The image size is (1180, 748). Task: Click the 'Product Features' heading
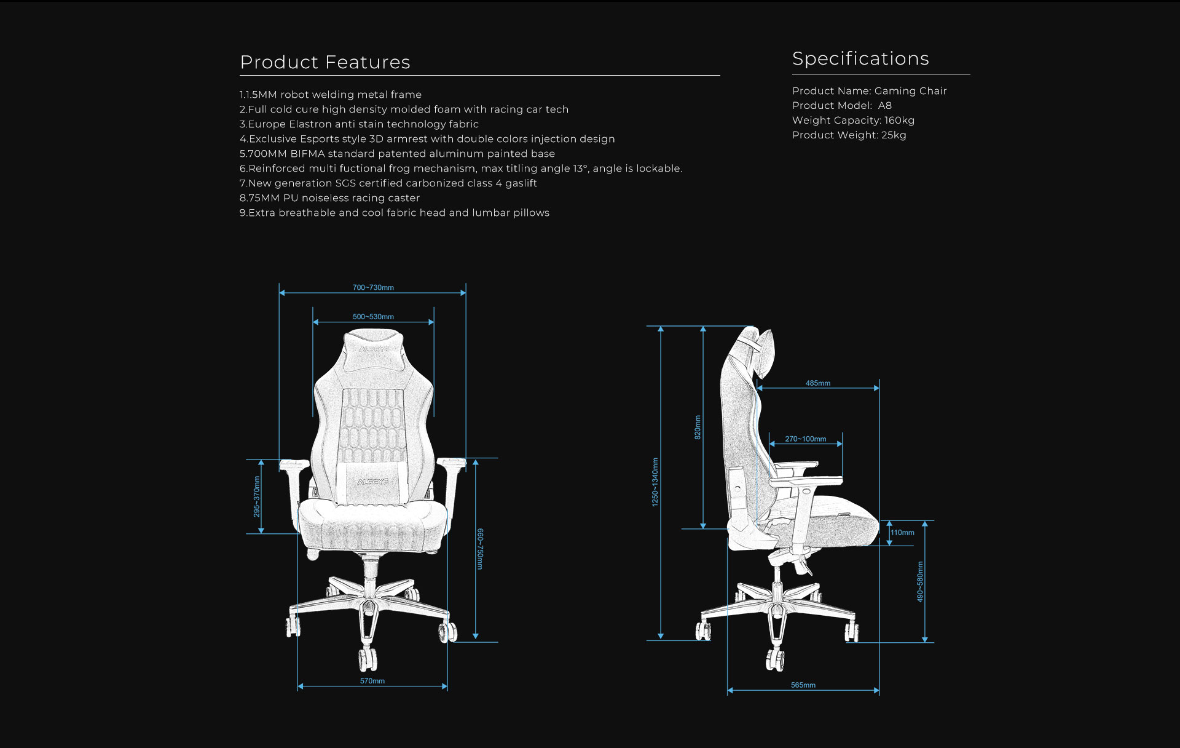pos(324,62)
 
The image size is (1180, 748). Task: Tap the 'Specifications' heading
pos(860,59)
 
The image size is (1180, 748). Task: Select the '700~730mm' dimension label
pos(373,287)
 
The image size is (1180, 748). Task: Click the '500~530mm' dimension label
pos(373,317)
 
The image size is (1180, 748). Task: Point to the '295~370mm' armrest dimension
pos(257,496)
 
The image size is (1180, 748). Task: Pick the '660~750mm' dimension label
pos(480,549)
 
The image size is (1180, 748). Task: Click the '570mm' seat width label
pos(372,681)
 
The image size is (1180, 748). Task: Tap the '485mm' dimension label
pos(818,383)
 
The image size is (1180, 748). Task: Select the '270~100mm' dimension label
pos(805,439)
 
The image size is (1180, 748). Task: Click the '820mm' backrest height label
pos(698,427)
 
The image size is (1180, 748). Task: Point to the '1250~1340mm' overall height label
pos(655,482)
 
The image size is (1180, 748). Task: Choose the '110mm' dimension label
pos(902,533)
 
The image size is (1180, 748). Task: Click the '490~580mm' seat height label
pos(920,581)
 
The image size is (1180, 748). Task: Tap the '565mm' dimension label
pos(803,685)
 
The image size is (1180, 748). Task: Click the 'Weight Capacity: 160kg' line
pos(853,121)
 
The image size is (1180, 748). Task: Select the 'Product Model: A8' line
pos(842,106)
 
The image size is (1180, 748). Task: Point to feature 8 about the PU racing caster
pos(329,198)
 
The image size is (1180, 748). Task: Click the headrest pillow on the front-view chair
pos(373,346)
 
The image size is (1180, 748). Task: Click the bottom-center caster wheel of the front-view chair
pos(368,658)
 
